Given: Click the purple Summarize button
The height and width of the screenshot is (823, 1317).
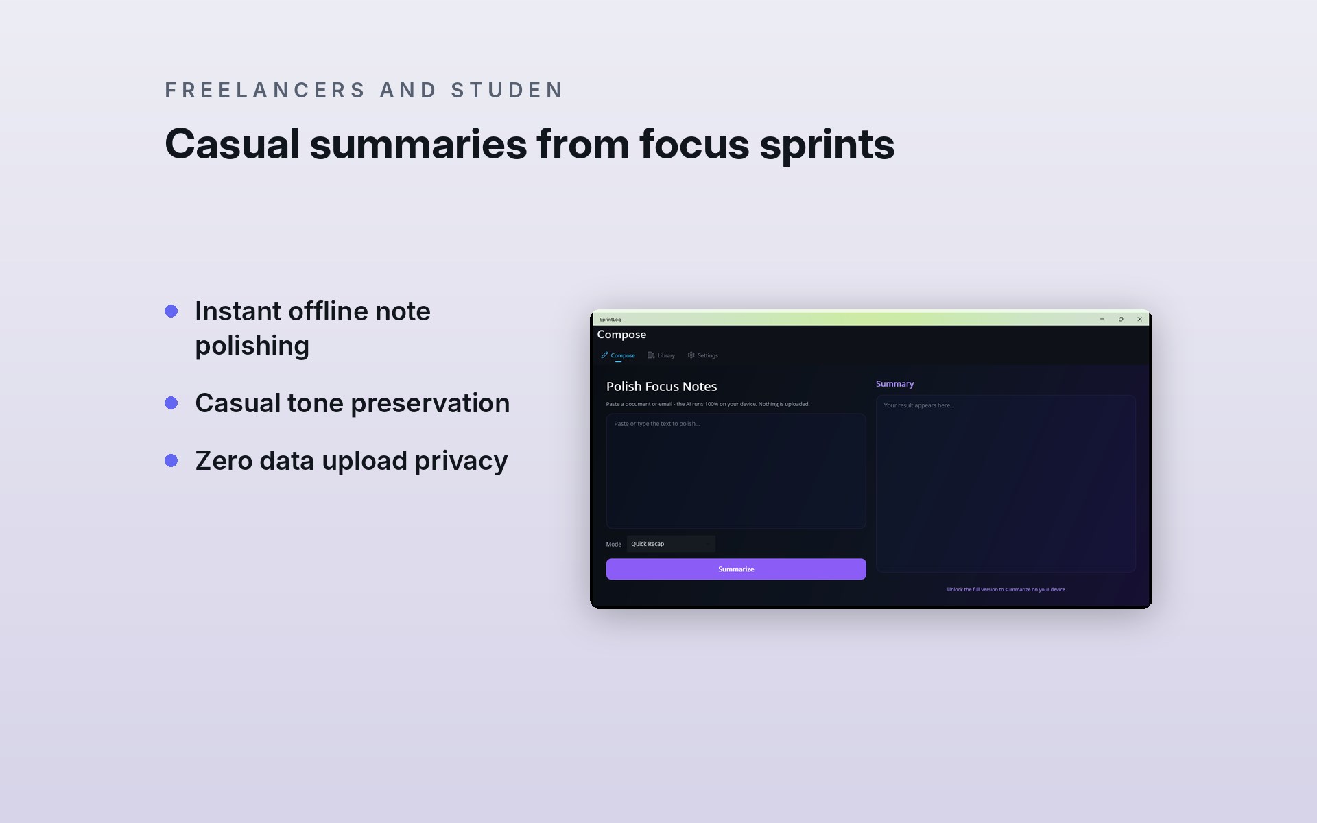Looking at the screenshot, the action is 736,569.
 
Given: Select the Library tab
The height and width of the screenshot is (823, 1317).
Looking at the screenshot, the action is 661,355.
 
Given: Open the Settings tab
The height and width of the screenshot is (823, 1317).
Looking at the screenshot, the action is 703,355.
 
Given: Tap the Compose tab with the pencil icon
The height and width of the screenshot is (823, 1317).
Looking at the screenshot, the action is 618,355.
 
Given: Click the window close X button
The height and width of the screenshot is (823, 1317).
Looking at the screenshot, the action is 1140,319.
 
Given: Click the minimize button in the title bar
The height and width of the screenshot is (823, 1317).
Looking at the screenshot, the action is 1102,319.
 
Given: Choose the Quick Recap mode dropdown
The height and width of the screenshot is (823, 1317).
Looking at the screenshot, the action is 671,544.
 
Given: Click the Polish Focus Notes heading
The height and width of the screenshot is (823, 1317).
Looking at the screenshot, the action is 661,387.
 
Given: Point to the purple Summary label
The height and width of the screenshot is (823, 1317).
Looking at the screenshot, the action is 894,384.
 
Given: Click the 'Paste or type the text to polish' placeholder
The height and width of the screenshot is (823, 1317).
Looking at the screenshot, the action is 657,424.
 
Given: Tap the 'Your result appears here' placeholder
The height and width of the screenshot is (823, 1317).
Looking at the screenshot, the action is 919,405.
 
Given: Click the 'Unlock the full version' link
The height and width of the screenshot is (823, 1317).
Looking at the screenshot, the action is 1006,589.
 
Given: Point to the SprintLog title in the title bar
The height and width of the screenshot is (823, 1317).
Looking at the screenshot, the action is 610,320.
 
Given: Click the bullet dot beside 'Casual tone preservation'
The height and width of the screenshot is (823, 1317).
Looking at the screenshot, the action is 171,403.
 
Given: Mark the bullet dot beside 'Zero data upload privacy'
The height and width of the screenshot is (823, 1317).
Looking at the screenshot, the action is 171,461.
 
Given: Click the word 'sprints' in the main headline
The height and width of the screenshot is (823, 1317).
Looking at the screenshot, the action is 827,145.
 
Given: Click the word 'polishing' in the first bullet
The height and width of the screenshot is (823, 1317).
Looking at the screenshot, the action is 252,346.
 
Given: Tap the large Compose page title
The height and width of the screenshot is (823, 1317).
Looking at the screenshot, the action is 621,335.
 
